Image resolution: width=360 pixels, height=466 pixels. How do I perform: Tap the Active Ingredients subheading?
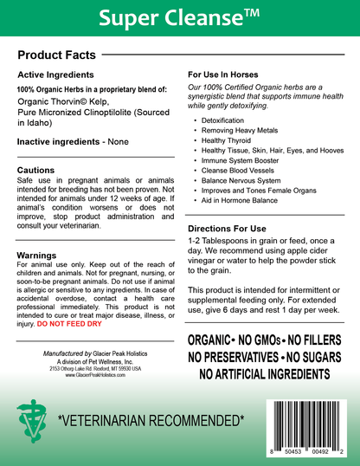[x=54, y=76]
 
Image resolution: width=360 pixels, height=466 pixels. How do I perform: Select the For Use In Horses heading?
[x=228, y=75]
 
